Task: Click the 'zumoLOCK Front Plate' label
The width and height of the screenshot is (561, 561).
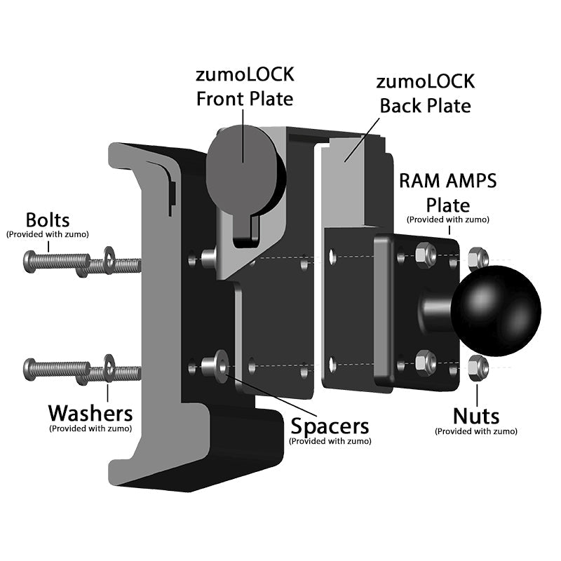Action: (x=244, y=88)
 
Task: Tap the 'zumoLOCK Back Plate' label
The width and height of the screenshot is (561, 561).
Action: (x=425, y=93)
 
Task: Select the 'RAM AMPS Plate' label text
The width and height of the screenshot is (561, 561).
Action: (x=447, y=192)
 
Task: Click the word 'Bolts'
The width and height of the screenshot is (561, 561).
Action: (x=48, y=219)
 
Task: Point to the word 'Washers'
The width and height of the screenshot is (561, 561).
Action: (x=90, y=412)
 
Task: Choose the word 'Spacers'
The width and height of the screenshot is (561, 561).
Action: (x=330, y=426)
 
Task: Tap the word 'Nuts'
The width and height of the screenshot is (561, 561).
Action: (x=476, y=416)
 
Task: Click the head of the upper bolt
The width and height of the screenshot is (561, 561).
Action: (x=29, y=262)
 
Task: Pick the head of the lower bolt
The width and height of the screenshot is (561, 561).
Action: (x=29, y=367)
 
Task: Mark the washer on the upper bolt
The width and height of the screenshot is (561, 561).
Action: (x=109, y=259)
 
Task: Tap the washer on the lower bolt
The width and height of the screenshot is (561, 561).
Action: (x=109, y=365)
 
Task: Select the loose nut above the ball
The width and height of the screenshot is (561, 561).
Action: (x=478, y=257)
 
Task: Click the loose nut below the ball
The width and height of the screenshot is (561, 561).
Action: (x=478, y=365)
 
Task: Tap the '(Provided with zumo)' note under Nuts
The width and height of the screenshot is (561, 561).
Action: (x=476, y=431)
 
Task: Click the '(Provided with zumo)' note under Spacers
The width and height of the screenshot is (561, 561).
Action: (x=330, y=441)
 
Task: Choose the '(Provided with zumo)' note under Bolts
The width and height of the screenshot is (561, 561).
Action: (x=48, y=234)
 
